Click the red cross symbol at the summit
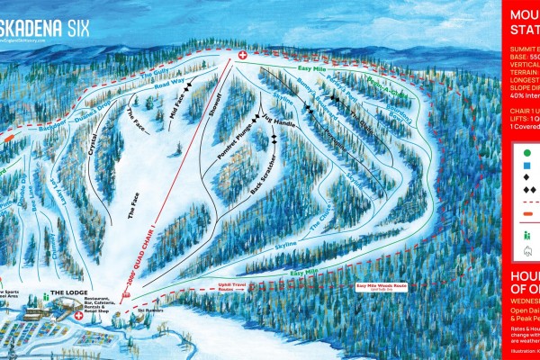click(x=241, y=56)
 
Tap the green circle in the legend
click(x=526, y=155)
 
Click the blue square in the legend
click(x=526, y=171)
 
